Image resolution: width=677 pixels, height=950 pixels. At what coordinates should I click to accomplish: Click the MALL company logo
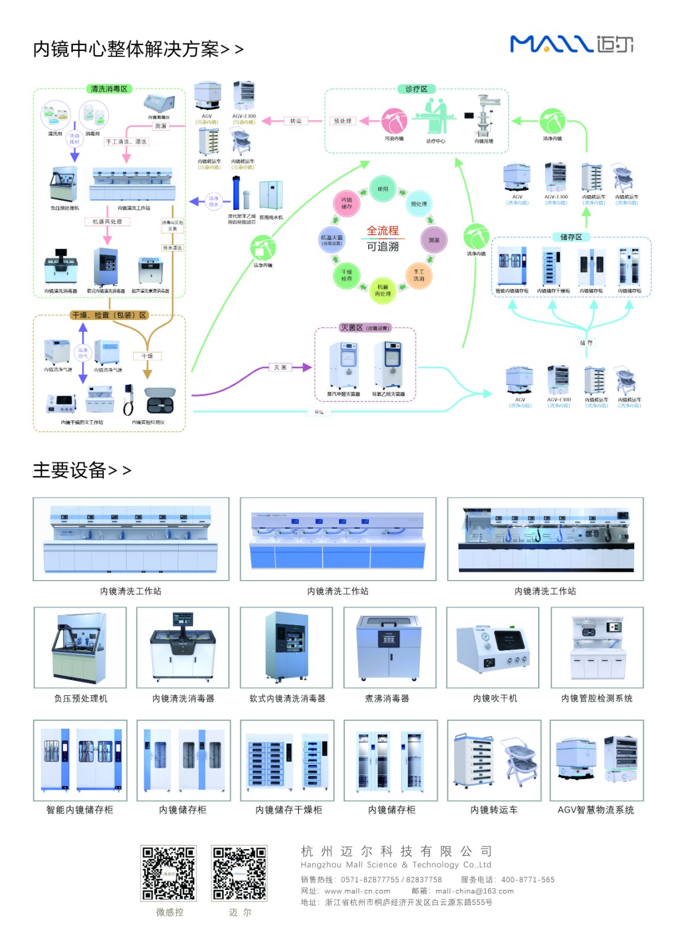pyautogui.click(x=571, y=44)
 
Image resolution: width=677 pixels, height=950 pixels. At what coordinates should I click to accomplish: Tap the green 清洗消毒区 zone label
pyautogui.click(x=109, y=89)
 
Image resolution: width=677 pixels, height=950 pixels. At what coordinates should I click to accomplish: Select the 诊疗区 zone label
pyautogui.click(x=416, y=89)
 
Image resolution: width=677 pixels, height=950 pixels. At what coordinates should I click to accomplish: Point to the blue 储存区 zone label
pyautogui.click(x=571, y=237)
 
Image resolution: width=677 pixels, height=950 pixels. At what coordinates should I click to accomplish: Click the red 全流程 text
pyautogui.click(x=382, y=231)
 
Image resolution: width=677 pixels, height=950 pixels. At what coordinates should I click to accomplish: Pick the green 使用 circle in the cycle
pyautogui.click(x=382, y=189)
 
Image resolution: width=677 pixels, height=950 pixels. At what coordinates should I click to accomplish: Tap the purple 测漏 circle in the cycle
pyautogui.click(x=434, y=240)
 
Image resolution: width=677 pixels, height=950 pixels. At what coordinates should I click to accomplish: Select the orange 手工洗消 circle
pyautogui.click(x=419, y=275)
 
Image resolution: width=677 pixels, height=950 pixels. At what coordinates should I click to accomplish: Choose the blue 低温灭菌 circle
pyautogui.click(x=331, y=240)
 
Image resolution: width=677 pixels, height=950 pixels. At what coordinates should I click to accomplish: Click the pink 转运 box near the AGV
pyautogui.click(x=295, y=121)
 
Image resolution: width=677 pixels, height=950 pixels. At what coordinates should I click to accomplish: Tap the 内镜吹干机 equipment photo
pyautogui.click(x=493, y=647)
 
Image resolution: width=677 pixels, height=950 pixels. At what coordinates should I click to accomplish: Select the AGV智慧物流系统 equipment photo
pyautogui.click(x=596, y=760)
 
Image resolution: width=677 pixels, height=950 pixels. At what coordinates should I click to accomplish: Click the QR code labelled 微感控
pyautogui.click(x=169, y=873)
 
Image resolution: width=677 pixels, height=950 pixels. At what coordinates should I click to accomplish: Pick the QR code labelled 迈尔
pyautogui.click(x=240, y=873)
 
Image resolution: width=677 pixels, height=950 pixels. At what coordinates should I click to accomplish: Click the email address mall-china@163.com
pyautogui.click(x=474, y=891)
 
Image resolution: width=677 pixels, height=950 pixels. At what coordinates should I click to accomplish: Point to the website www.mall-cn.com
pyautogui.click(x=358, y=891)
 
